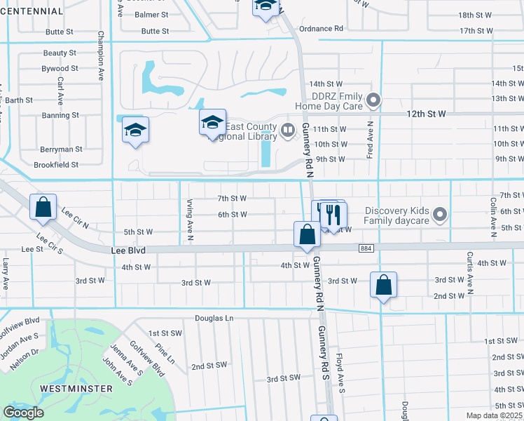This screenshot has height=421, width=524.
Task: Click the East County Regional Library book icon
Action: (287, 130)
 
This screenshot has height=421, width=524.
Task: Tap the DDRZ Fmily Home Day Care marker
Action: (374, 100)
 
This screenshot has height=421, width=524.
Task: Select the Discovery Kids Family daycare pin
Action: (440, 213)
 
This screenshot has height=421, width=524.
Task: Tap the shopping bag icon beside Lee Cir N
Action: (43, 207)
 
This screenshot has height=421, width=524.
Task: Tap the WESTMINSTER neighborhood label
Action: (76, 388)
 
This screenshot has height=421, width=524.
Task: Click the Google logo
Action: (24, 413)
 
